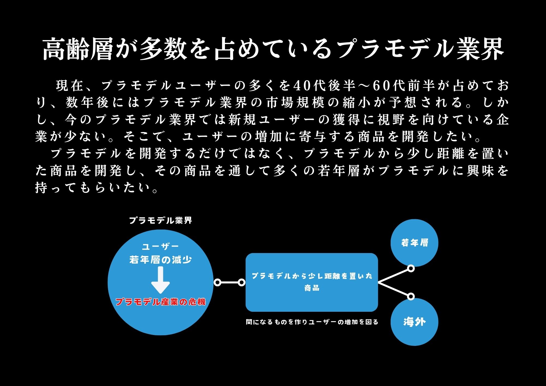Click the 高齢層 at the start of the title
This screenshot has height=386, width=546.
(x=78, y=49)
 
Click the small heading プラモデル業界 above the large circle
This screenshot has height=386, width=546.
(x=161, y=220)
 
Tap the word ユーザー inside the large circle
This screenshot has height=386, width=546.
(x=160, y=247)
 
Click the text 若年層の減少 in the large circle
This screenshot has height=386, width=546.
(x=161, y=260)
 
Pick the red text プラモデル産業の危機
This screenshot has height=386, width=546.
(x=161, y=302)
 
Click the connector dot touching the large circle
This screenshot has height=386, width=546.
(x=218, y=283)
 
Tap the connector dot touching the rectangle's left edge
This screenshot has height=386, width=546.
(x=242, y=283)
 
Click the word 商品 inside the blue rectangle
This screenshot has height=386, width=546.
(x=312, y=288)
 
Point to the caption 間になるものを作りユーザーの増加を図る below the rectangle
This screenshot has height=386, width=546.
(x=312, y=322)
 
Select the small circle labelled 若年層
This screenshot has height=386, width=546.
(x=414, y=243)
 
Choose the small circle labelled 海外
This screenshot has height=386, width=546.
(x=414, y=322)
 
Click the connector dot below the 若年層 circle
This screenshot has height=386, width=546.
(x=411, y=269)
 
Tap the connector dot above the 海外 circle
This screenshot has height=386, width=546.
(x=411, y=296)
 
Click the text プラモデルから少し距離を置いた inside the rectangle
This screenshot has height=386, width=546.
(x=312, y=276)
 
